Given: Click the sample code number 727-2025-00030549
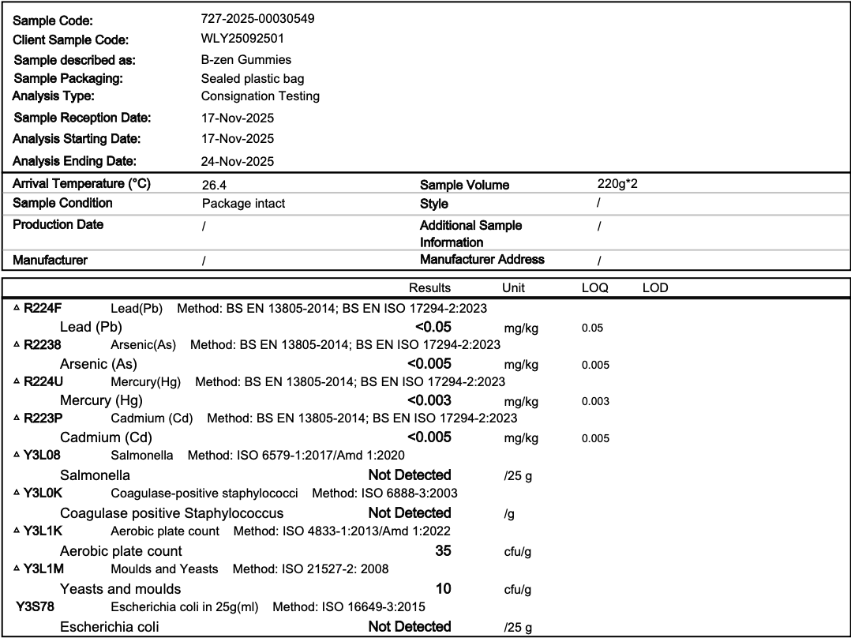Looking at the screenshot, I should pos(258,19).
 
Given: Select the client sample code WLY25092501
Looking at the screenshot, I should pos(243,38).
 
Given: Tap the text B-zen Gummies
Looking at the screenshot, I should pos(246,59).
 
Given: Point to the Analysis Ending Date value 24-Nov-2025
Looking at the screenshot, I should pos(238,161).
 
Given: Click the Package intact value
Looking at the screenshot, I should pos(243,203).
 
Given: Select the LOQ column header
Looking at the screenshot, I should pos(594,288).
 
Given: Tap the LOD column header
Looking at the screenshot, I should pos(655,288).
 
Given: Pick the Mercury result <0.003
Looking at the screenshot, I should pos(429,400).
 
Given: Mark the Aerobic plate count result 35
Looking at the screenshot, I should pos(443,550).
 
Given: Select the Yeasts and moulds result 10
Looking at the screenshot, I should pos(443,588).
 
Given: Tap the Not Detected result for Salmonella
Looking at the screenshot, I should pos(410,475).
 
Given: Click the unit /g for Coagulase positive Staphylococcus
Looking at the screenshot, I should pos(509,513).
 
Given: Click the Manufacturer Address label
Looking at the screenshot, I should pos(482,259).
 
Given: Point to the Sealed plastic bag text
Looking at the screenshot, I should pos(253,78).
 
